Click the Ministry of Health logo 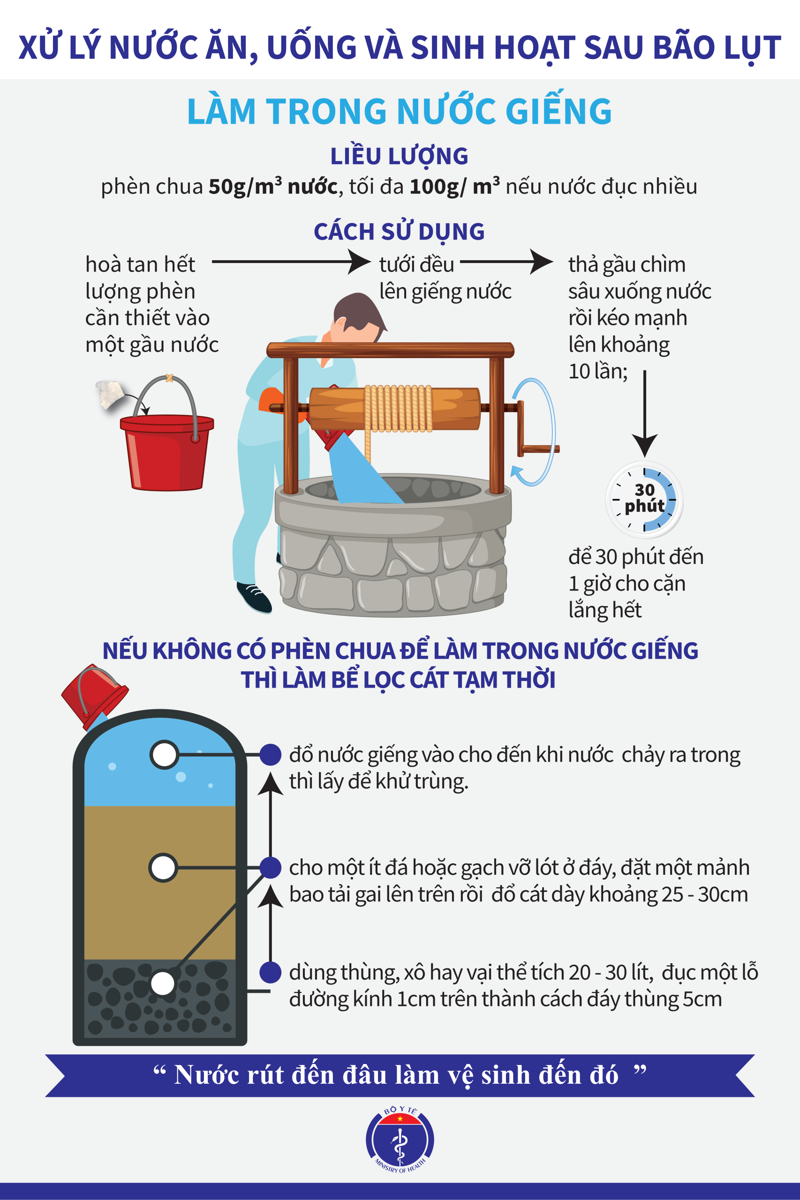400,1140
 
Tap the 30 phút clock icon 644,500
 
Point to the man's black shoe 254,597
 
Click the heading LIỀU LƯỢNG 400,156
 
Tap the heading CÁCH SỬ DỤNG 400,232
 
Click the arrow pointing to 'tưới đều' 291,262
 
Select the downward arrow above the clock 645,413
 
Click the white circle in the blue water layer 164,754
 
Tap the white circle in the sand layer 163,868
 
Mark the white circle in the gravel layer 163,983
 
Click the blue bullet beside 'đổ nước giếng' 271,754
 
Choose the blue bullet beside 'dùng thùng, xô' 271,972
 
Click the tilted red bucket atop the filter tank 94,696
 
